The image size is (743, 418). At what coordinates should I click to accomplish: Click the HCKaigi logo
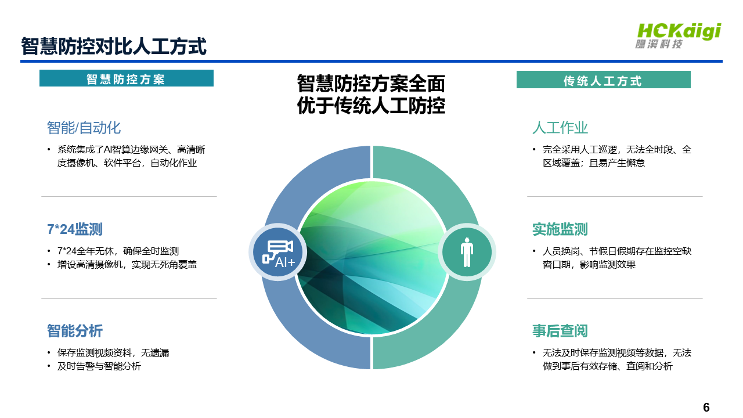pyautogui.click(x=679, y=36)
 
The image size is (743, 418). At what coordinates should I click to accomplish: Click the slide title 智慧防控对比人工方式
pyautogui.click(x=114, y=46)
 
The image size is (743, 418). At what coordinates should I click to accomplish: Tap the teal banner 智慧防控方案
pyautogui.click(x=127, y=78)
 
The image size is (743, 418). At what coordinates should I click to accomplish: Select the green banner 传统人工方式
pyautogui.click(x=603, y=80)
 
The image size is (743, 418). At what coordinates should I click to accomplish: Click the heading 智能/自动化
pyautogui.click(x=84, y=128)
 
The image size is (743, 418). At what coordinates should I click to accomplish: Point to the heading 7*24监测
pyautogui.click(x=75, y=229)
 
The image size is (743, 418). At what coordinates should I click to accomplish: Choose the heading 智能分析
pyautogui.click(x=75, y=331)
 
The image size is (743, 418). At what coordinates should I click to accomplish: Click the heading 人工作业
pyautogui.click(x=560, y=128)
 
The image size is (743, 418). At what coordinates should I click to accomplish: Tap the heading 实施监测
pyautogui.click(x=560, y=229)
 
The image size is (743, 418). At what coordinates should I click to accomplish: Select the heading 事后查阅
pyautogui.click(x=560, y=331)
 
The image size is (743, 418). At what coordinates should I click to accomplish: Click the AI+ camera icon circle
pyautogui.click(x=277, y=252)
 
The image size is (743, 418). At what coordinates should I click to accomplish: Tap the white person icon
pyautogui.click(x=467, y=252)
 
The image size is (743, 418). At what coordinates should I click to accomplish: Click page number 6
pyautogui.click(x=706, y=407)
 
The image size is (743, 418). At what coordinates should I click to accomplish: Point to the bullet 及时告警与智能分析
pyautogui.click(x=99, y=366)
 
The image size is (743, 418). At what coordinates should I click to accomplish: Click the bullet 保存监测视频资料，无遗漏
pyautogui.click(x=113, y=352)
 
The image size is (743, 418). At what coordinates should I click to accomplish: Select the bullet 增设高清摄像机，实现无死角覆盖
pyautogui.click(x=127, y=264)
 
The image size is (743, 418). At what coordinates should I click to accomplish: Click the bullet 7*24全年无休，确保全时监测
pyautogui.click(x=118, y=251)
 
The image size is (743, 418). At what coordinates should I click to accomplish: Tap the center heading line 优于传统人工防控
pyautogui.click(x=371, y=106)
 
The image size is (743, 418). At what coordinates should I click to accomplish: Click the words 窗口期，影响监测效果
pyautogui.click(x=589, y=265)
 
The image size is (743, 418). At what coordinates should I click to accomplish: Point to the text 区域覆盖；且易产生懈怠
pyautogui.click(x=594, y=163)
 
